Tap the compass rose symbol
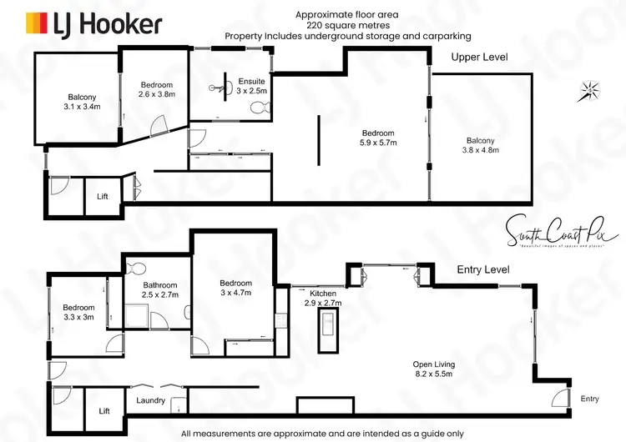click(591, 89)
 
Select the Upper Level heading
click(479, 58)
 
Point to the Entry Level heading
click(483, 270)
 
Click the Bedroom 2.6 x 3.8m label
click(156, 90)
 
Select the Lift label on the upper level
click(103, 197)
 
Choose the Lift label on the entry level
click(104, 411)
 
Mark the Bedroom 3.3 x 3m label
click(78, 311)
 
